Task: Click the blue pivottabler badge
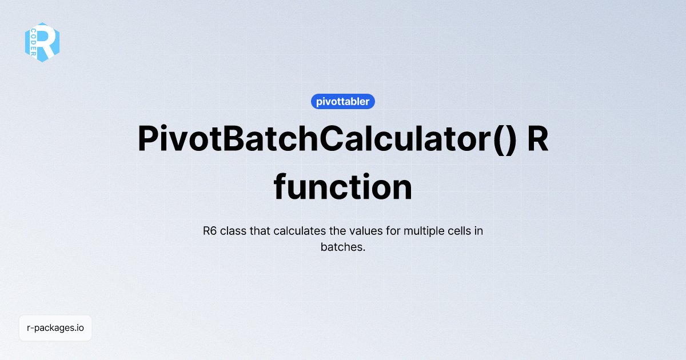tap(343, 102)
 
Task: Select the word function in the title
tap(343, 187)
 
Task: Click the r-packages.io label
tap(55, 328)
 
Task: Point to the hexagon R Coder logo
tap(42, 42)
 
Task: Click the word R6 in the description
tap(210, 231)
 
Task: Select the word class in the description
tap(234, 231)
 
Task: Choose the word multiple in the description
tap(424, 231)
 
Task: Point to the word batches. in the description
tap(343, 248)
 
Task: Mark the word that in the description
tap(260, 231)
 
